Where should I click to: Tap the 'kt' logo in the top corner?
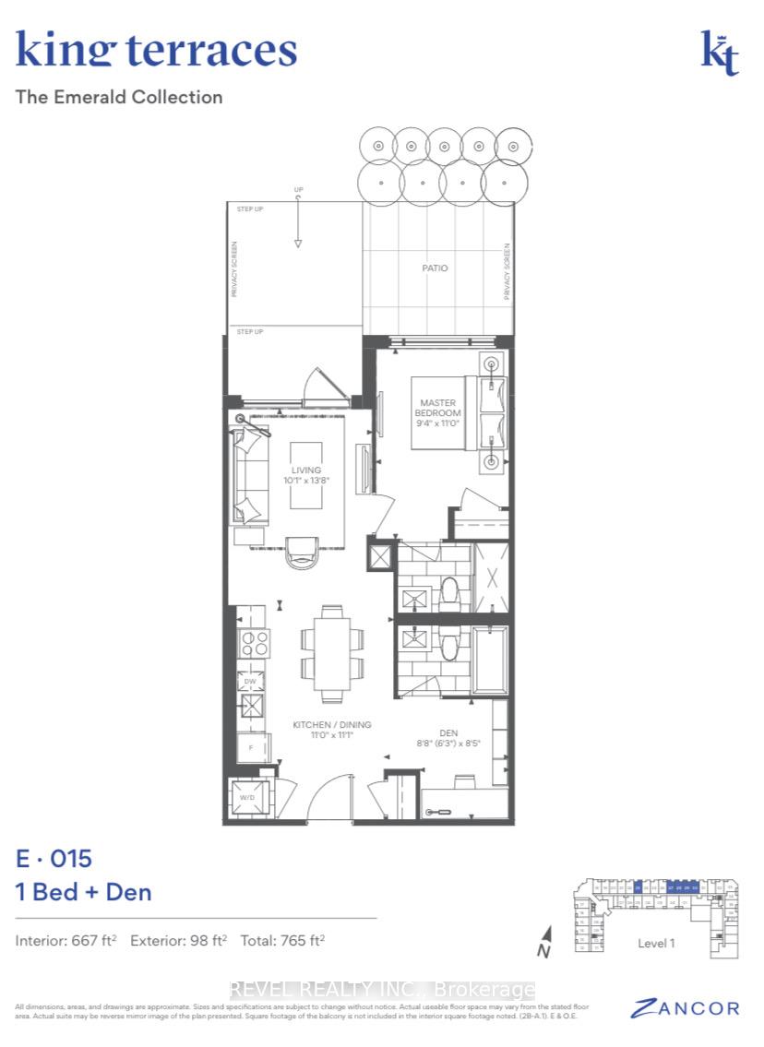(x=720, y=54)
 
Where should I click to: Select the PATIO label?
(x=435, y=268)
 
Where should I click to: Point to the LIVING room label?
(x=305, y=476)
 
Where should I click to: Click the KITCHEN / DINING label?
(x=332, y=731)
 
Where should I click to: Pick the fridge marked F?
(x=251, y=747)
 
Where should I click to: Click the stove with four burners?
(x=254, y=643)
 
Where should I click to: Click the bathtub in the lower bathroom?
(x=489, y=661)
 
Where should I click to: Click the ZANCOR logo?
(x=685, y=1008)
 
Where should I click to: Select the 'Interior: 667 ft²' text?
(x=66, y=942)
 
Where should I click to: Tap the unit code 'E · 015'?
(x=54, y=859)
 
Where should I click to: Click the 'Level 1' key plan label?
(x=656, y=944)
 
